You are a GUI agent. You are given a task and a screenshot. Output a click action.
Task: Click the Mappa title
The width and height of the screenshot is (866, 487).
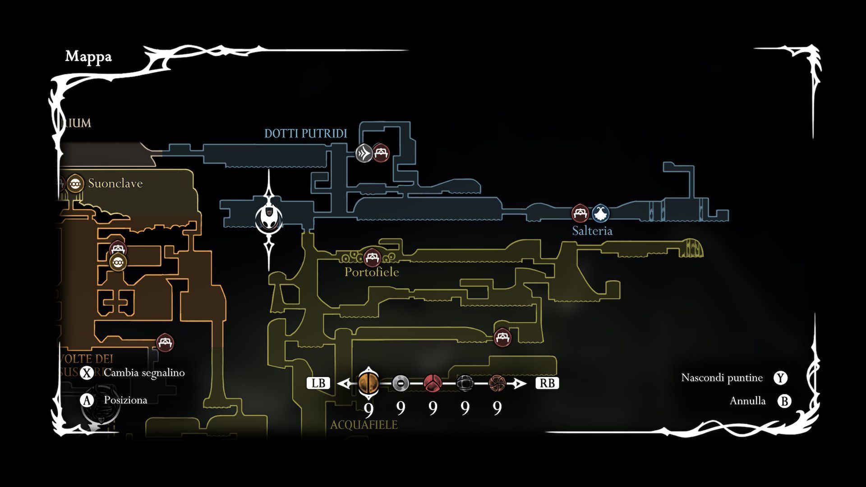pos(88,57)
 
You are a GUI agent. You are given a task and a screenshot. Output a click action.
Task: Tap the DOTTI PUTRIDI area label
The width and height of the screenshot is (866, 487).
pos(305,133)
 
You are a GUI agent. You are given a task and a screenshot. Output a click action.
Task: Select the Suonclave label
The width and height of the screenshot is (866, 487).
pos(115,183)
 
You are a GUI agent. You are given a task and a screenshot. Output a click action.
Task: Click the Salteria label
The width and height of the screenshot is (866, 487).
pos(592,231)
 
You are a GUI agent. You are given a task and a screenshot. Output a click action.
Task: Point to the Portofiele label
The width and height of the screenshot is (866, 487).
pos(372,272)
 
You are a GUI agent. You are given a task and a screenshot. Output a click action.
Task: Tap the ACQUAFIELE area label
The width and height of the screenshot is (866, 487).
pos(364,425)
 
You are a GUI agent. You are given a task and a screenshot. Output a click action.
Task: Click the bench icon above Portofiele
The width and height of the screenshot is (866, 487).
pos(372,257)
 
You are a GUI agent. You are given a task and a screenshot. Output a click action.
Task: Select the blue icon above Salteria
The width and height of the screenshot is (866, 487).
pos(600,213)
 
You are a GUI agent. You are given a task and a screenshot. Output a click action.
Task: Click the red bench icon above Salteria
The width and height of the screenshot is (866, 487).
pos(580,213)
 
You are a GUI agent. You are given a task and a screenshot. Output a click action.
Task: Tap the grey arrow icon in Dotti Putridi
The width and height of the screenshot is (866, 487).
pos(364,153)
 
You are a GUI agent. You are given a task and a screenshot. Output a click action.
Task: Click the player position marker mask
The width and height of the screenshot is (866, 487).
pos(269,219)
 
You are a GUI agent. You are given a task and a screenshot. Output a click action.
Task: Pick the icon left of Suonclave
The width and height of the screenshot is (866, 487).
pos(75,184)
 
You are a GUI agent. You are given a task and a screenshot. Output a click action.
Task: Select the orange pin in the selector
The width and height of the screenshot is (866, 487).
pos(369,383)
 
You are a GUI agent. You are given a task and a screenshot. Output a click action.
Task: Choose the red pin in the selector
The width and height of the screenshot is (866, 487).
pos(433,383)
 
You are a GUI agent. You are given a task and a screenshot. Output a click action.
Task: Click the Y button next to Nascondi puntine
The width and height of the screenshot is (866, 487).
pos(780,378)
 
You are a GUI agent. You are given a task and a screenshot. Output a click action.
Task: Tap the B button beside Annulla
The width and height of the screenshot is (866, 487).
pos(784,401)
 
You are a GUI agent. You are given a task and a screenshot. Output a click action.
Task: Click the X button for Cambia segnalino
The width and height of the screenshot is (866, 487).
pos(87,373)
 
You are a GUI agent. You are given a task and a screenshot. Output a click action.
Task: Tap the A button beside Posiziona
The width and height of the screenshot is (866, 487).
pos(87,400)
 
